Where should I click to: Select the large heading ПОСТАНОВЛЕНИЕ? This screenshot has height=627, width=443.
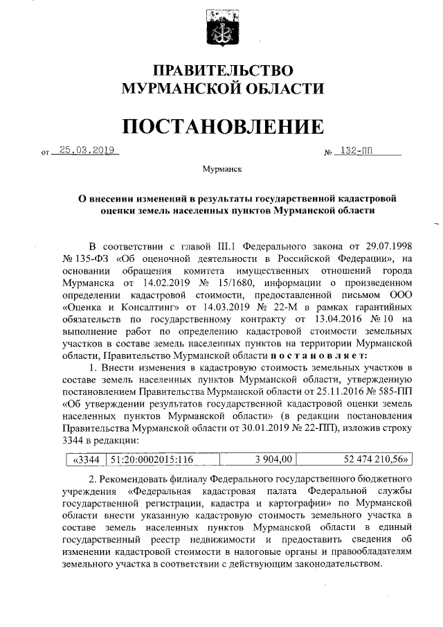click(x=222, y=126)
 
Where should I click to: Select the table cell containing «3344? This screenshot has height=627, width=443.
click(x=86, y=459)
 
